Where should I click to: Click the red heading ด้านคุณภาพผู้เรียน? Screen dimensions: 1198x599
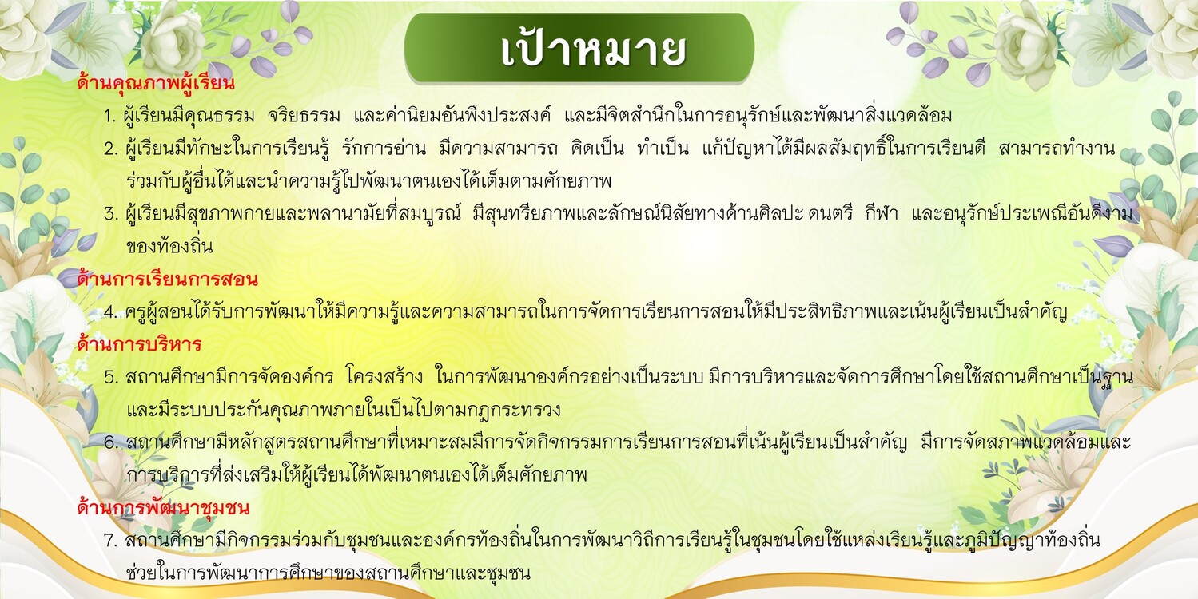pos(156,83)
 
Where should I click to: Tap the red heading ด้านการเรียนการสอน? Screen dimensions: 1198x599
pos(167,279)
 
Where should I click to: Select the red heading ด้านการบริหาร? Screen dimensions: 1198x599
pos(139,344)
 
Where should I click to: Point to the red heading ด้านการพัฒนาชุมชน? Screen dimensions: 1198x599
pos(163,507)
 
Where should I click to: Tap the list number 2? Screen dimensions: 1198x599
pos(111,149)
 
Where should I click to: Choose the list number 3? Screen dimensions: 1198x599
pos(111,214)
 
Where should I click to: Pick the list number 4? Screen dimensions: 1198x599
pos(111,312)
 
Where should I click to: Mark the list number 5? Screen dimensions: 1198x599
pos(111,377)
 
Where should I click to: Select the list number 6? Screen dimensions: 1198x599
pos(111,442)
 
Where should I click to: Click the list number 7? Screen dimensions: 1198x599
pos(111,540)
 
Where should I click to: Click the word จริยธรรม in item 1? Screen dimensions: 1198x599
pos(304,116)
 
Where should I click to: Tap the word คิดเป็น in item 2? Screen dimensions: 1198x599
pos(597,148)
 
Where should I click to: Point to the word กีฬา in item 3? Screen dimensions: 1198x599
pos(882,214)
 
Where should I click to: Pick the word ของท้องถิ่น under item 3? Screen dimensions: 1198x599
pos(169,246)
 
